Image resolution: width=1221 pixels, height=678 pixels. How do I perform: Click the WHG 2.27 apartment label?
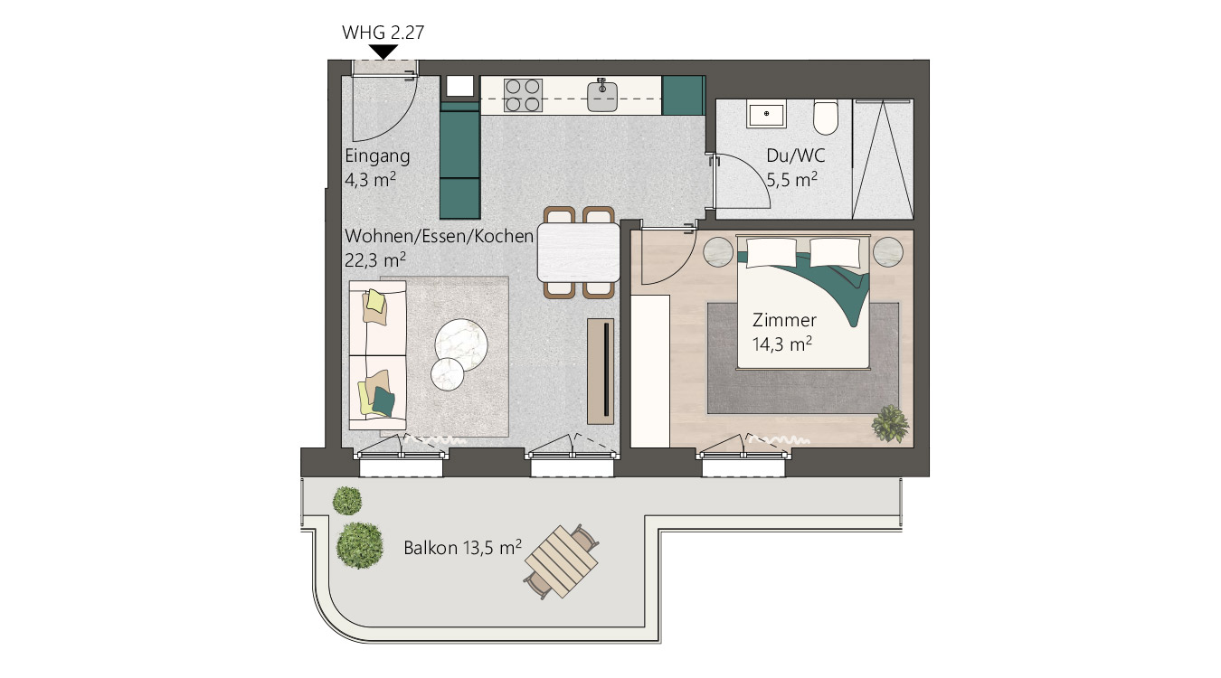tap(383, 33)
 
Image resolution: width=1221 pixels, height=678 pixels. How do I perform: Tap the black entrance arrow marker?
tap(383, 52)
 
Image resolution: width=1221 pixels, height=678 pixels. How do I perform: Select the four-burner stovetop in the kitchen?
tap(524, 96)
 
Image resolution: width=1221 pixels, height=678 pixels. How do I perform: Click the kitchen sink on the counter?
tap(602, 97)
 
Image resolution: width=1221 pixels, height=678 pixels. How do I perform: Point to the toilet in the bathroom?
tap(825, 117)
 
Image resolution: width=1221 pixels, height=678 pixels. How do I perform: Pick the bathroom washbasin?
tap(766, 114)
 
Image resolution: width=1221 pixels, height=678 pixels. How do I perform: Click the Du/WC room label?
tap(795, 155)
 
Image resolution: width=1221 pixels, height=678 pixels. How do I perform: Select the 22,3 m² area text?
tap(375, 259)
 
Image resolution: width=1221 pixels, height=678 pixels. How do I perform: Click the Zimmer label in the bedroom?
tap(784, 320)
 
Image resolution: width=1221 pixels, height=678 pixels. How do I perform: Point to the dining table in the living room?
tap(578, 252)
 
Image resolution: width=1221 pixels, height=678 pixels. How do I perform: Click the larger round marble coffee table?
tap(460, 344)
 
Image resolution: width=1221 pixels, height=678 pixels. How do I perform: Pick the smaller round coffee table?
tap(447, 374)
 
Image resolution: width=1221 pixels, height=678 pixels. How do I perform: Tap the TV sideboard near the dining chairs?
tap(601, 372)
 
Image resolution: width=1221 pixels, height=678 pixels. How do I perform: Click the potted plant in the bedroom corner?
tap(890, 423)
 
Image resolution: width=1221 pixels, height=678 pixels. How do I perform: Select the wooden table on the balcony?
tap(562, 561)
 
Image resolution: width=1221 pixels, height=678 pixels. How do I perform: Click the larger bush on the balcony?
tap(359, 545)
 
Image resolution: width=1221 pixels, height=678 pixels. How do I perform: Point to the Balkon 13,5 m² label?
tap(462, 547)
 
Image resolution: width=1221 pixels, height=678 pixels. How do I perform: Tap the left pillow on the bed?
tap(771, 252)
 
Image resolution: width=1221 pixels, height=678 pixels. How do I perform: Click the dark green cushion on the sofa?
tap(383, 401)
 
